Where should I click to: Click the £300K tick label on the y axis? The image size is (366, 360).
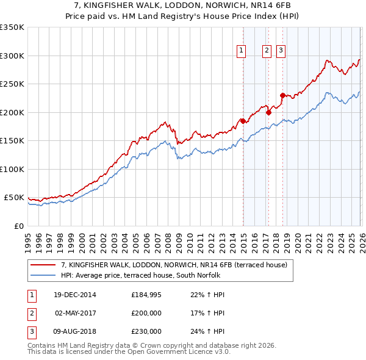coord(12,56)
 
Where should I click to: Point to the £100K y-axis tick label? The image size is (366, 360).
coord(12,169)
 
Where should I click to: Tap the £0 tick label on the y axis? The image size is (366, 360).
coord(18,226)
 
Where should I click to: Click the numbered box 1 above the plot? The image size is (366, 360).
coord(242,51)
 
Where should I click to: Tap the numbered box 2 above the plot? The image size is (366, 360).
coord(267,51)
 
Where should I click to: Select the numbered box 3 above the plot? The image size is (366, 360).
coord(281,51)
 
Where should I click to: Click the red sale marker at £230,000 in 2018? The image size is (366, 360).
coord(282,95)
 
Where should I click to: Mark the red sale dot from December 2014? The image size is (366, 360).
coord(243,121)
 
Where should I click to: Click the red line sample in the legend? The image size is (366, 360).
coord(44,264)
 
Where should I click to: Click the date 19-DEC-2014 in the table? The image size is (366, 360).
coord(75,295)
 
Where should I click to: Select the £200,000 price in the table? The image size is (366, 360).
coord(146,313)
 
